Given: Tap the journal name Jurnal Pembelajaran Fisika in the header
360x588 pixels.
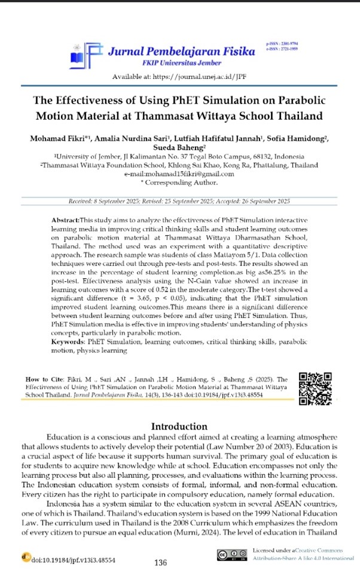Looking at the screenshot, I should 182,51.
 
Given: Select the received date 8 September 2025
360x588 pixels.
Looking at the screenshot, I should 121,200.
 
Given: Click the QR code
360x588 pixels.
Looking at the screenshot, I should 315,389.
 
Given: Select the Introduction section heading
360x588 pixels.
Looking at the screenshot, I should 179,426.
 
